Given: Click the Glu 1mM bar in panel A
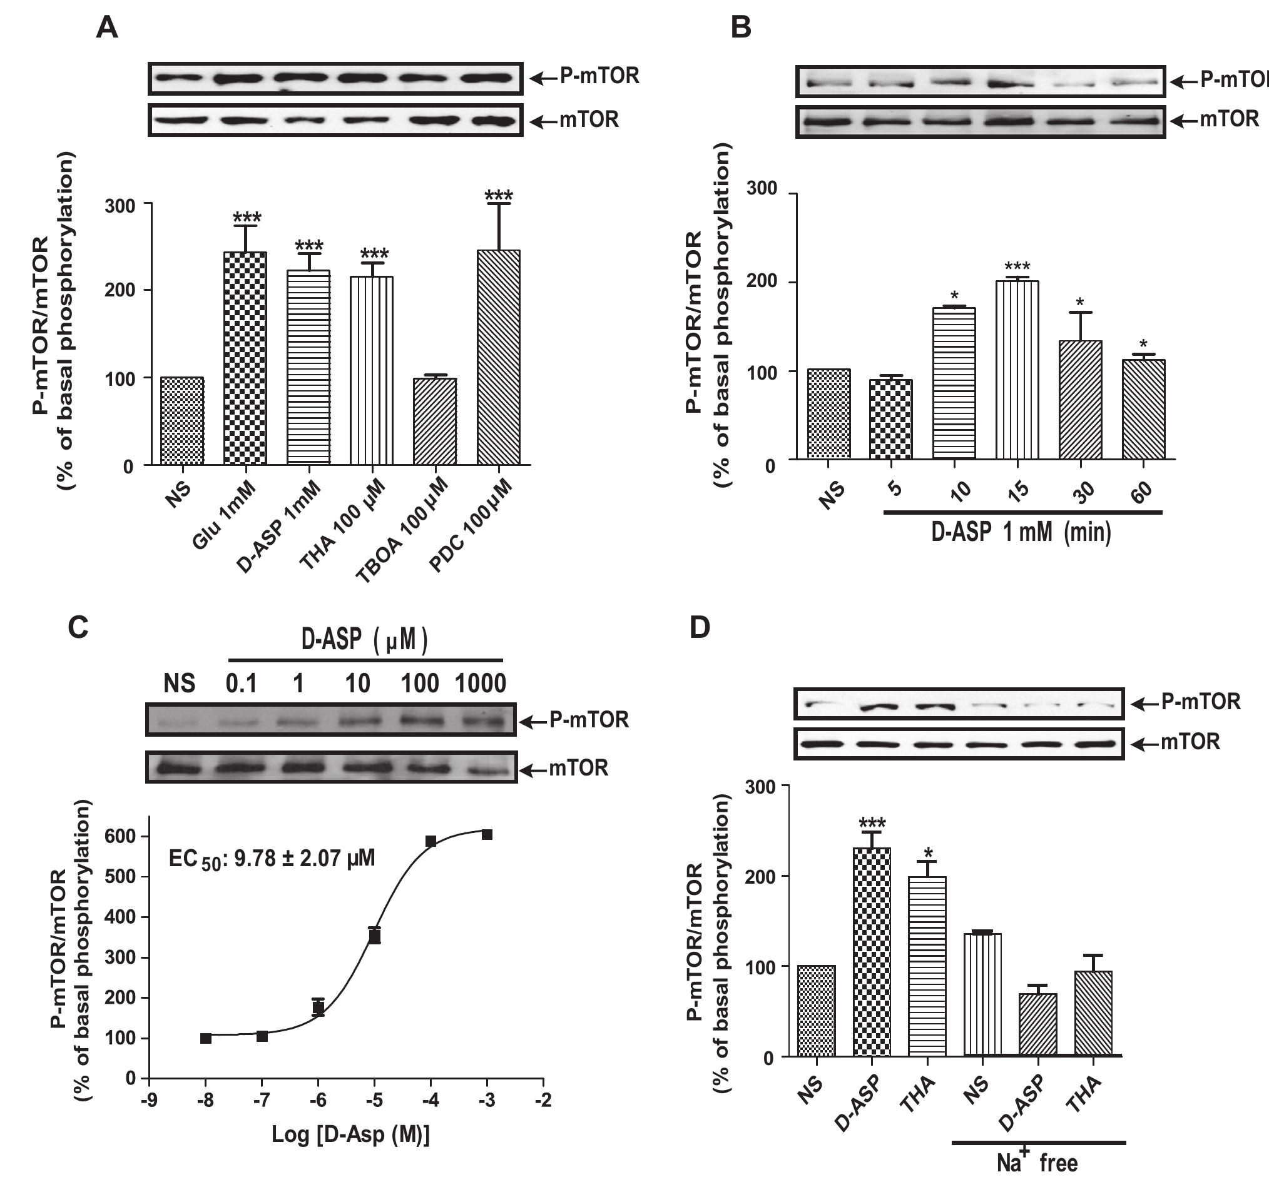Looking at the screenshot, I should [245, 358].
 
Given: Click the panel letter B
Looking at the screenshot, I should [740, 28].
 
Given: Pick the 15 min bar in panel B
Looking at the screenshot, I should [1017, 370].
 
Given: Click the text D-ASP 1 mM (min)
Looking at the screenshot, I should [1021, 532].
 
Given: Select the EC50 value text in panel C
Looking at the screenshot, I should [272, 859].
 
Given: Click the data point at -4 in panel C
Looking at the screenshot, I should [431, 841].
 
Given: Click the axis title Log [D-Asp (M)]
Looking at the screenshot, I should [350, 1134].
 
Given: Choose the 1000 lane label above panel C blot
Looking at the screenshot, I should [480, 684].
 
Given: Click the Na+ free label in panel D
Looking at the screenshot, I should [1037, 1163].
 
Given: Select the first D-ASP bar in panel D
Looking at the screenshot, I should [872, 951].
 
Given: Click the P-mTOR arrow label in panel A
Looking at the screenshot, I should [586, 76].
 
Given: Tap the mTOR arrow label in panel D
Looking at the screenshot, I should [1176, 742].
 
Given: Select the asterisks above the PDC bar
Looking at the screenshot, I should [499, 195].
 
